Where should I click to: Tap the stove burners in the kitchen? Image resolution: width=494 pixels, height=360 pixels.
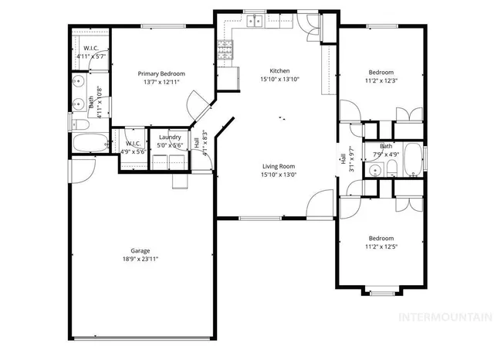pyautogui.click(x=226, y=51)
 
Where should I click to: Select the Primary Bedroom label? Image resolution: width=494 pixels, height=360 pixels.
pyautogui.click(x=161, y=74)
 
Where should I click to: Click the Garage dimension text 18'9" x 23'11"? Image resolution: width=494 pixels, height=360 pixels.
pyautogui.click(x=140, y=260)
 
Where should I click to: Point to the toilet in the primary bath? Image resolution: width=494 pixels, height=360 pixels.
pyautogui.click(x=80, y=125)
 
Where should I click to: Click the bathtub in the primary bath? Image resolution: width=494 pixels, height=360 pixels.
pyautogui.click(x=91, y=144)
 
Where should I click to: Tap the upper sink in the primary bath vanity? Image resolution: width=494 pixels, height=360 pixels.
pyautogui.click(x=78, y=81)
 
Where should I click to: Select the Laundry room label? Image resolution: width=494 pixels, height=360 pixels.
pyautogui.click(x=169, y=137)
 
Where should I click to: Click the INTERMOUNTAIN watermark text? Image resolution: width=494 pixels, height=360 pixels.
pyautogui.click(x=443, y=318)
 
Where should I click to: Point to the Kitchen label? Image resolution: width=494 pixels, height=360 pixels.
pyautogui.click(x=279, y=70)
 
